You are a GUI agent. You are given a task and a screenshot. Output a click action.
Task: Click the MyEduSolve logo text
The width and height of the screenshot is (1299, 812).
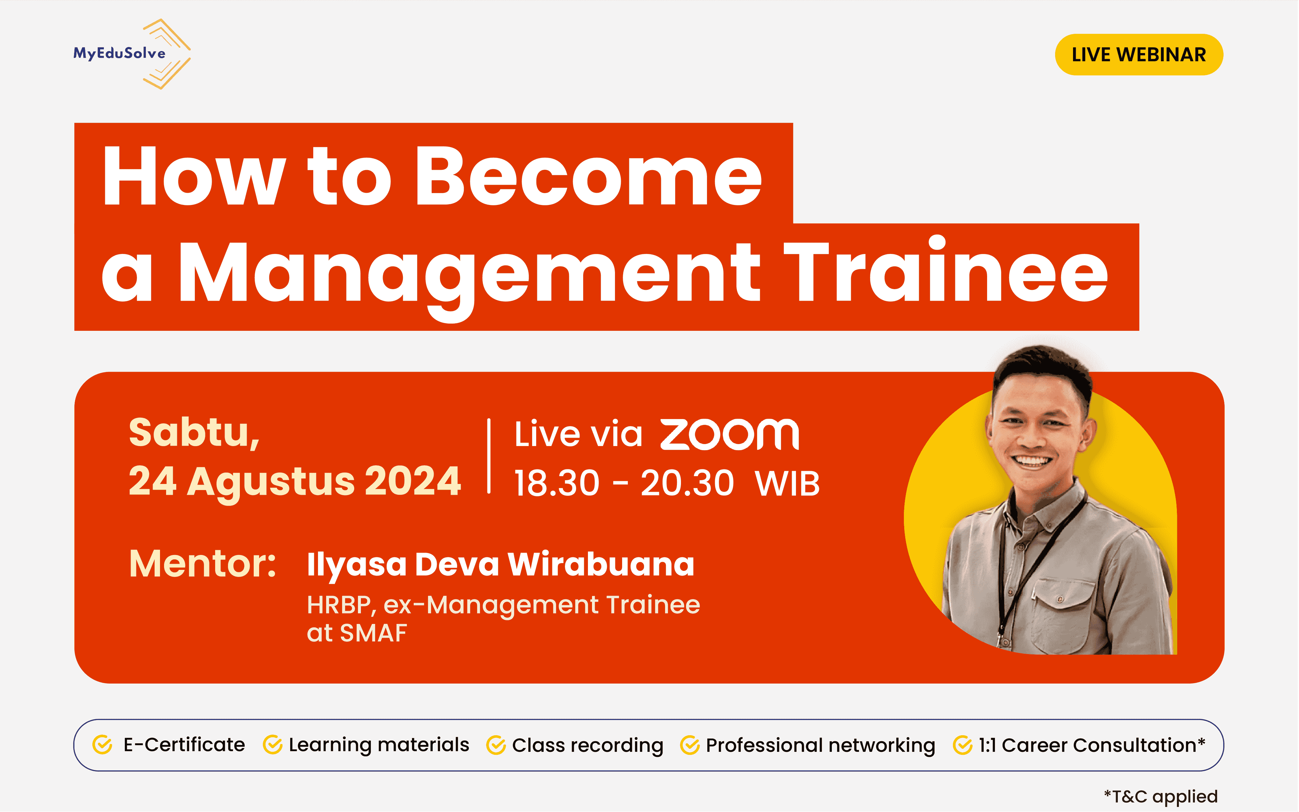point(119,53)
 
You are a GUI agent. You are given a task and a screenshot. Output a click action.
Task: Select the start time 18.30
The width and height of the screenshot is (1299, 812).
point(556,483)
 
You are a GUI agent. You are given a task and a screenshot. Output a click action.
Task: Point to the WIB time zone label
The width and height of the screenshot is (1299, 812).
point(787,483)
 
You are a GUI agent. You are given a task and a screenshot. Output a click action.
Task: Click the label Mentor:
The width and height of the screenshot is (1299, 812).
point(203,563)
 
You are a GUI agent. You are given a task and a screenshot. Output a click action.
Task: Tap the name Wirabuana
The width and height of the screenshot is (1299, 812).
point(600,564)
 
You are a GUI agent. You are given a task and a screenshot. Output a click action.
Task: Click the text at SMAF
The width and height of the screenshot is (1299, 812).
point(357,633)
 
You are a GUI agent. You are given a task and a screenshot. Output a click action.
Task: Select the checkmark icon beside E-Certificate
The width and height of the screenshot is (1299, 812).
point(102,745)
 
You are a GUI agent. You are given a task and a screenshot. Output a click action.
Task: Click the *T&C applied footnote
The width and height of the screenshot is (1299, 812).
point(1160,796)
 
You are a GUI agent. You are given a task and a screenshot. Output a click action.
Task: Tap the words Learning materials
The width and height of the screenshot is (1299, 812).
point(379,745)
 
